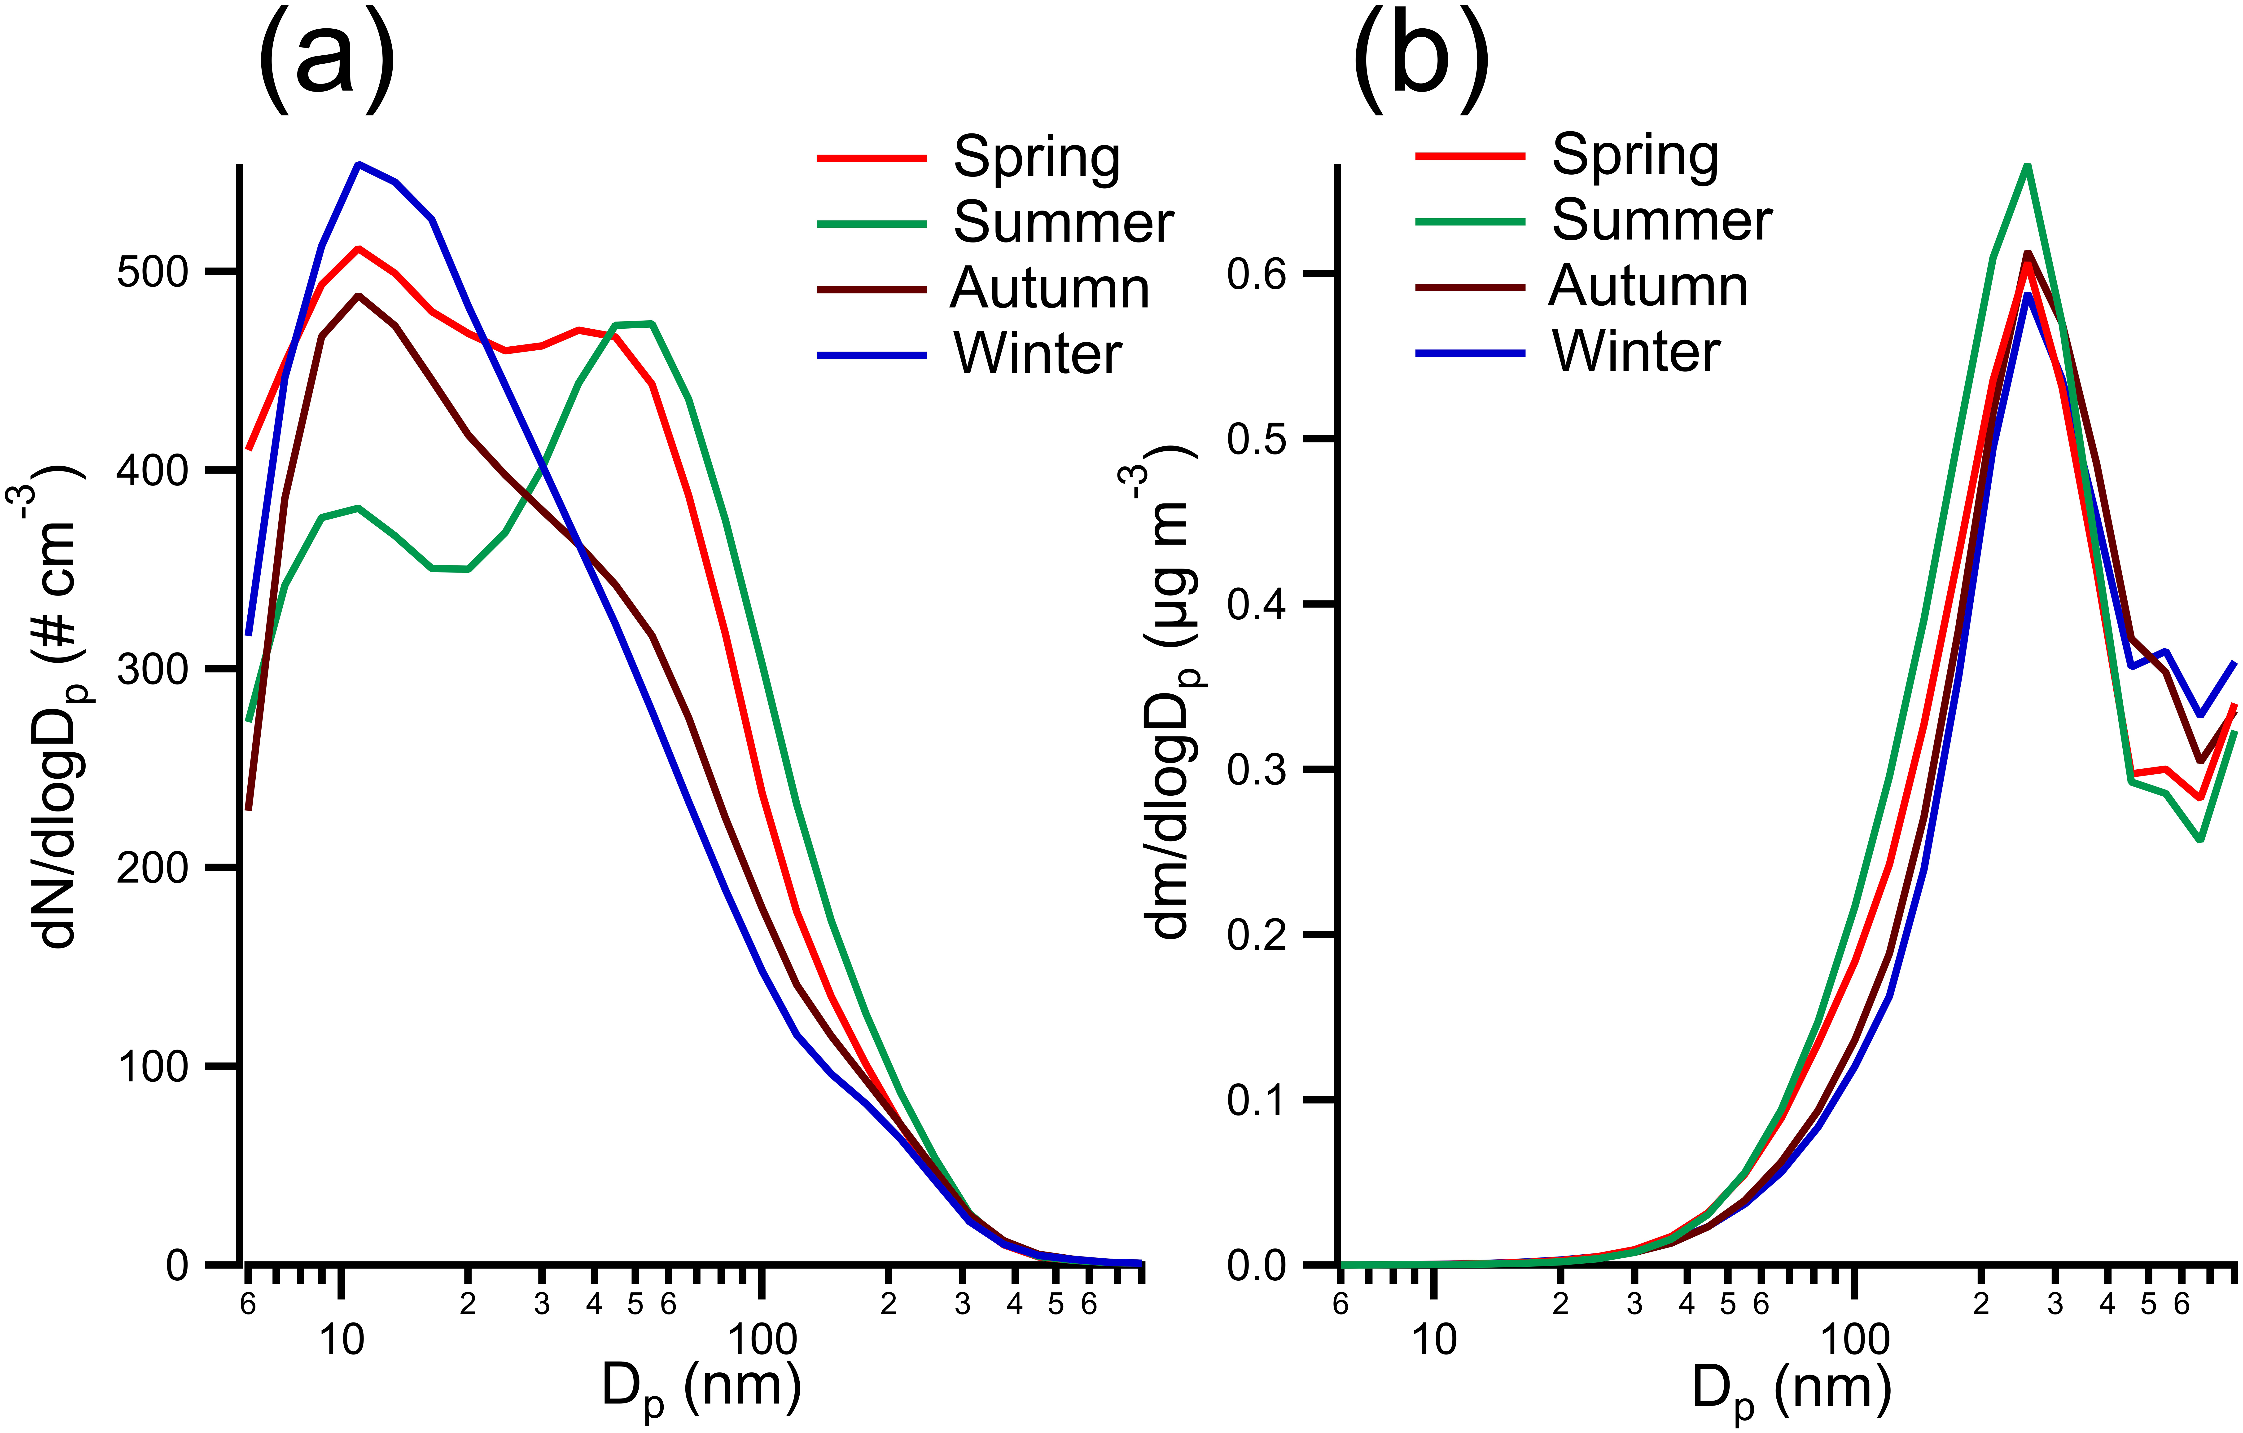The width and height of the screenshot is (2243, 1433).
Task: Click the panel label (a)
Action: click(326, 58)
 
